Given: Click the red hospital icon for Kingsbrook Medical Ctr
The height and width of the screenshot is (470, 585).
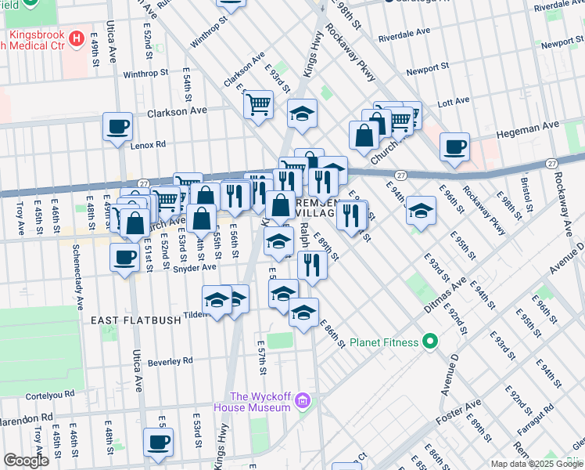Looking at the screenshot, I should (x=77, y=38).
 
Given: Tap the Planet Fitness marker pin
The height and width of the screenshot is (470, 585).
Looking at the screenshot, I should (x=429, y=342).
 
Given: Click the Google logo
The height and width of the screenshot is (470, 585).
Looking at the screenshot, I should (x=27, y=461).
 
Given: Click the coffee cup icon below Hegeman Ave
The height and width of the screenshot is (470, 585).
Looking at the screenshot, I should (x=454, y=147).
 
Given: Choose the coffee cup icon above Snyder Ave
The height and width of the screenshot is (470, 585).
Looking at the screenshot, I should (x=124, y=257).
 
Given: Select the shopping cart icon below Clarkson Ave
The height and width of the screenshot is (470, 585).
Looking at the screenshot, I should (x=259, y=103).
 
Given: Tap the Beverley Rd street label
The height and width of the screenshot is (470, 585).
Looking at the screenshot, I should (x=170, y=362).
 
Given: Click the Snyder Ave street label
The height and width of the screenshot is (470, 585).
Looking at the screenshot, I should (x=198, y=267).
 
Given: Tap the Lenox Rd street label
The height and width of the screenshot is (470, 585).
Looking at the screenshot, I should (x=149, y=144).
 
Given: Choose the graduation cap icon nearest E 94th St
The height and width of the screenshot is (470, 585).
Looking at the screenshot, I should (x=421, y=210).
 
